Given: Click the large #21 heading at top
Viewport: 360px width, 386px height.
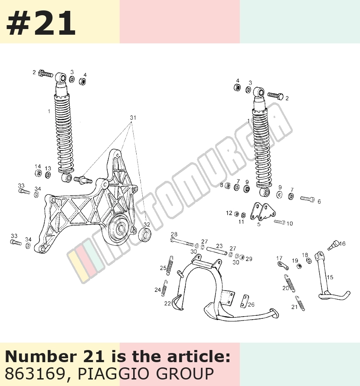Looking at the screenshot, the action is coord(41,23).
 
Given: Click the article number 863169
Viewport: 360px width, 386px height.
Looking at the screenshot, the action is coord(34,373).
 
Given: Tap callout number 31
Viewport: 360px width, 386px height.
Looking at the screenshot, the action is coord(133,118).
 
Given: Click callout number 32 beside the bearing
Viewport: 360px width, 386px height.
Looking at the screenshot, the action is coord(147,225).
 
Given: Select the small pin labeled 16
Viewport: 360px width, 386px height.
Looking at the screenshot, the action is coord(333,245).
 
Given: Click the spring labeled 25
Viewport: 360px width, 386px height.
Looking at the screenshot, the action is coord(170,265).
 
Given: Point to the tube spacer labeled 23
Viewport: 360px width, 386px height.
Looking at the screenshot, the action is coord(217,251).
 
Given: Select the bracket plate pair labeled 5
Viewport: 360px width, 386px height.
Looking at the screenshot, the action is coord(262,212).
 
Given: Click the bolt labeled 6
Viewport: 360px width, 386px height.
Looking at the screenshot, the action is coord(308,199).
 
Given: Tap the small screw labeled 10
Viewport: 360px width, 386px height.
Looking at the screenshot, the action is coord(280,222).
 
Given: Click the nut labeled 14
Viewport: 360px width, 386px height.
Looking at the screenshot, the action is coord(38,173).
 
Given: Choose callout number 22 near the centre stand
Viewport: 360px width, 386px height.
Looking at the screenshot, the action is coord(167,304).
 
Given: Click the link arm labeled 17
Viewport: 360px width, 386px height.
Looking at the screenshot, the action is coord(283,265).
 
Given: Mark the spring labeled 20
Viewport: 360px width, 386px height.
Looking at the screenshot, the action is coord(290,283).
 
